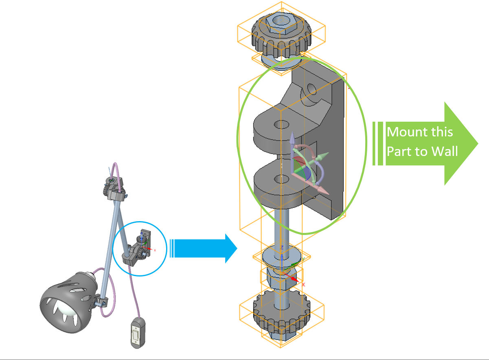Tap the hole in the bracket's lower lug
coord(280,178)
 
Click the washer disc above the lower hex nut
coord(281,255)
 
